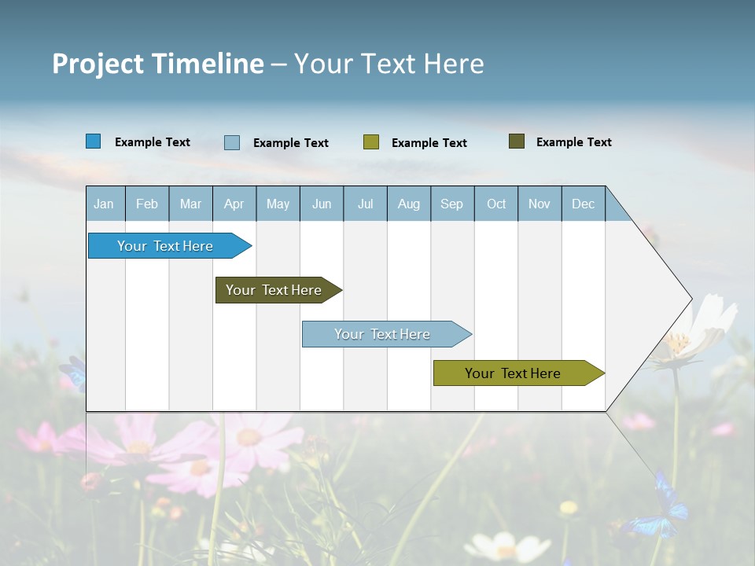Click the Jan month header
[105, 204]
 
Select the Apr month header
[234, 204]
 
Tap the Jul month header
[365, 204]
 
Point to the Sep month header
[452, 204]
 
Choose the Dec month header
[583, 204]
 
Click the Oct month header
[496, 204]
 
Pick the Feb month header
[147, 204]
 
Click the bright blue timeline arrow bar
[165, 246]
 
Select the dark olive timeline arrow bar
[274, 290]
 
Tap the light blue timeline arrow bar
[382, 334]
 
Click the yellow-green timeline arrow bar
[513, 373]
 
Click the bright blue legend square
[94, 141]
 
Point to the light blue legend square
[232, 142]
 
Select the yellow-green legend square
[371, 142]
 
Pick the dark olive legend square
[517, 141]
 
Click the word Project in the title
[98, 64]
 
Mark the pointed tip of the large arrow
[691, 299]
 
